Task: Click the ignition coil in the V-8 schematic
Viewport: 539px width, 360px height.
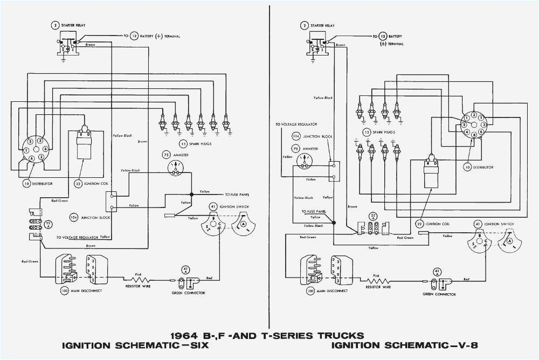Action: (430, 172)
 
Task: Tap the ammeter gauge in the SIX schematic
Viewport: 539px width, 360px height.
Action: (176, 167)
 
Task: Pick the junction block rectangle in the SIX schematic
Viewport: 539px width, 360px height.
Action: (110, 201)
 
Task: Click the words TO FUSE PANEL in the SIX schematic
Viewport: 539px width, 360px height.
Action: (237, 194)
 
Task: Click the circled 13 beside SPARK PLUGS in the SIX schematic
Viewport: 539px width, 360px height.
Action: (183, 144)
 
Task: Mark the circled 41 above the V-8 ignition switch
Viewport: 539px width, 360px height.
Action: (477, 223)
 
